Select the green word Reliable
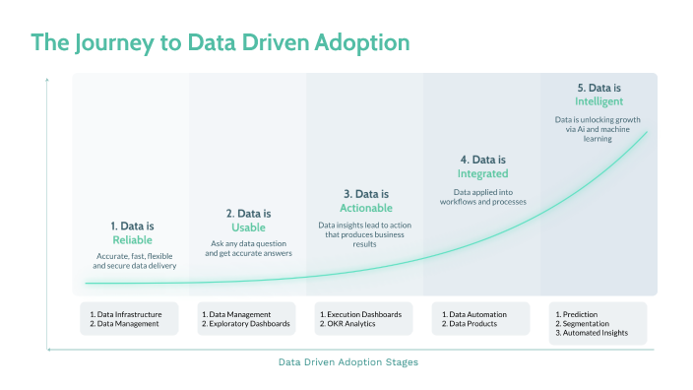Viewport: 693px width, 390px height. click(x=132, y=239)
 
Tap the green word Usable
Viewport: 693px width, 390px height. click(x=247, y=227)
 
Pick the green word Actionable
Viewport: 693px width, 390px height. click(x=366, y=208)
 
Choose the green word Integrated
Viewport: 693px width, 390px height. click(x=482, y=173)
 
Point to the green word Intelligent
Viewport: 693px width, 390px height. click(x=599, y=101)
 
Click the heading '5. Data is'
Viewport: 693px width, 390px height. click(x=599, y=88)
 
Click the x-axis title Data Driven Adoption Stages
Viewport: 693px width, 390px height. click(x=347, y=362)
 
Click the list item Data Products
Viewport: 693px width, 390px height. click(x=472, y=324)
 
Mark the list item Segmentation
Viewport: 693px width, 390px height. click(x=587, y=324)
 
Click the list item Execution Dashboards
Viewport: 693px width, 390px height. click(x=363, y=314)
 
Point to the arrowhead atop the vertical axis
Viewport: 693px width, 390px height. click(x=47, y=81)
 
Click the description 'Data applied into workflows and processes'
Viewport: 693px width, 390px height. click(x=482, y=197)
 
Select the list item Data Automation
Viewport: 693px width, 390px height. click(x=475, y=314)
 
